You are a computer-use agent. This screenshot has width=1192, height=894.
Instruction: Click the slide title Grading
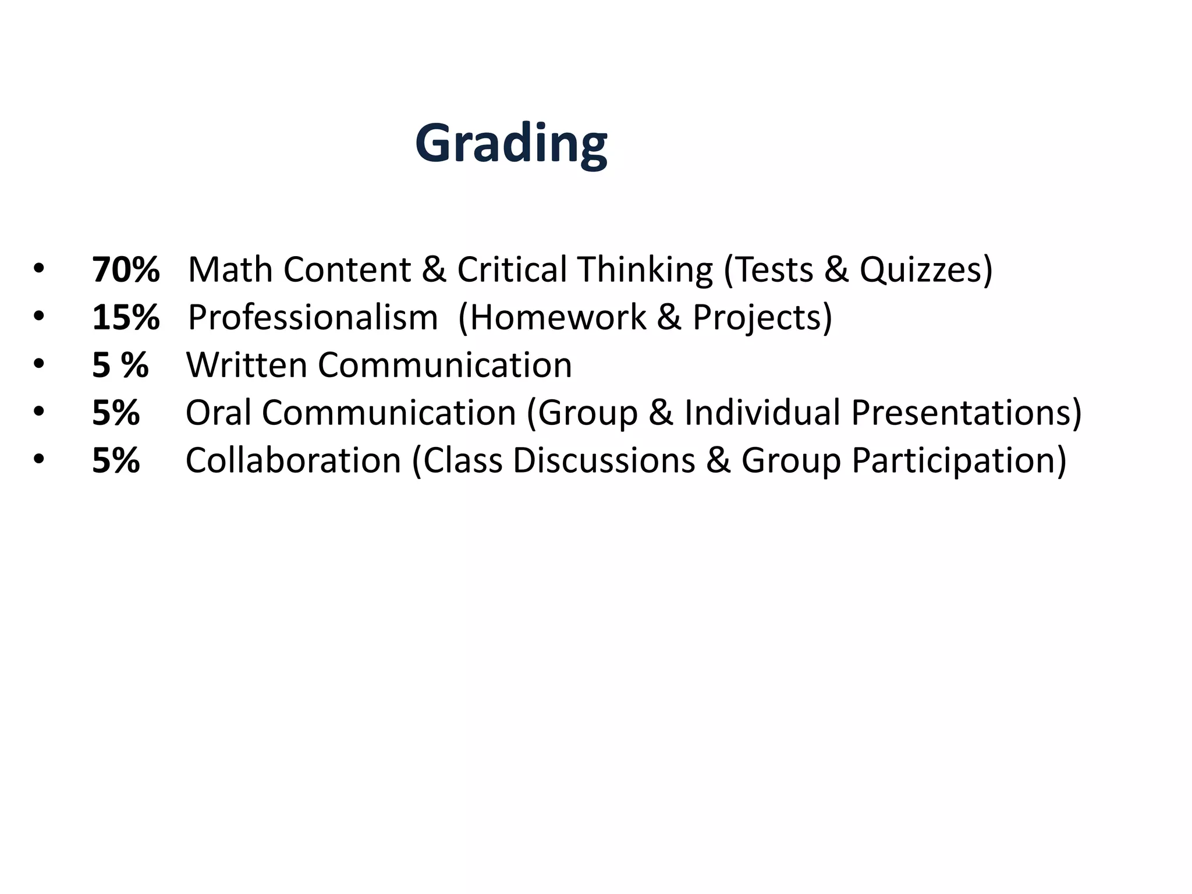click(x=511, y=143)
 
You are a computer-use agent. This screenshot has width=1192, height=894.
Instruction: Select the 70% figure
click(x=126, y=270)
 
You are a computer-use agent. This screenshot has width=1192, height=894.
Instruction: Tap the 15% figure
click(x=126, y=318)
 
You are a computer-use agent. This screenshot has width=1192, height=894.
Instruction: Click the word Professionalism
click(x=313, y=318)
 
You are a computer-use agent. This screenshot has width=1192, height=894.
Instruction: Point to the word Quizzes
click(x=924, y=270)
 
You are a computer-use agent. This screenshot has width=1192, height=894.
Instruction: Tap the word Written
click(x=246, y=366)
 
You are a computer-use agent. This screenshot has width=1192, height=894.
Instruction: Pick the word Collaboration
click(x=293, y=461)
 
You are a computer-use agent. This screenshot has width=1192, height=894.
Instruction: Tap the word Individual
click(x=762, y=413)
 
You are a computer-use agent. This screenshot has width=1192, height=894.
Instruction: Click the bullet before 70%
click(x=38, y=269)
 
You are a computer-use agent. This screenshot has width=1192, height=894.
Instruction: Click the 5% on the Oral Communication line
click(x=116, y=413)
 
